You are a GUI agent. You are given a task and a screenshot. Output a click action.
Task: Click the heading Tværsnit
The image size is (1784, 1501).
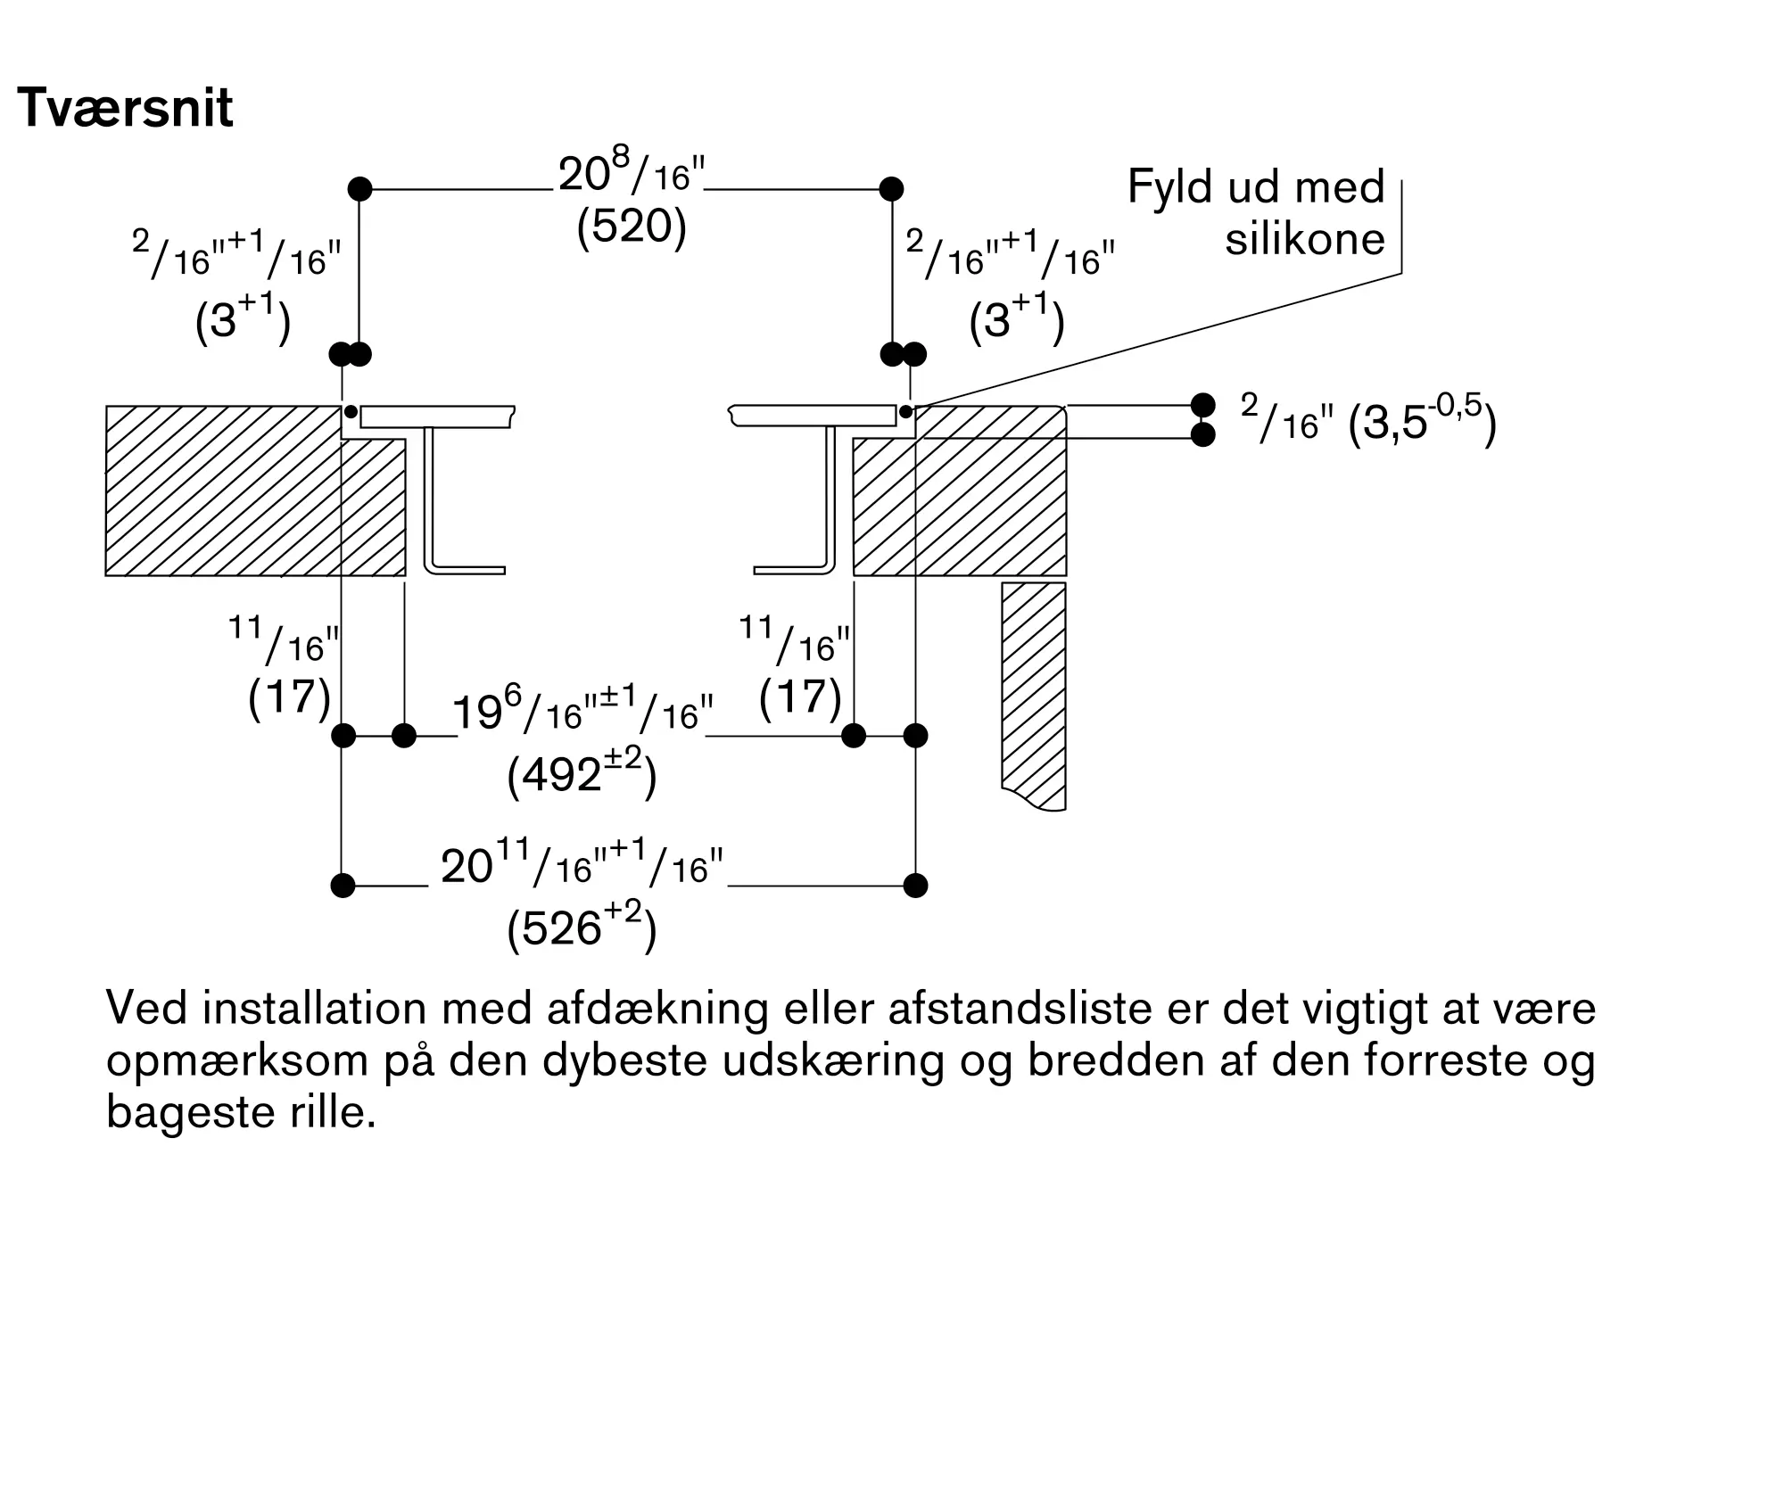125,109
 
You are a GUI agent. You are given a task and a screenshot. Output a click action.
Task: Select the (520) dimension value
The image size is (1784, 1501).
632,227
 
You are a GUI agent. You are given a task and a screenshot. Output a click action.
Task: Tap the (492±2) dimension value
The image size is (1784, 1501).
582,773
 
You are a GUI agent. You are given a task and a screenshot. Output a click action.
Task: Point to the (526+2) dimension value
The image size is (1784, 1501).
582,928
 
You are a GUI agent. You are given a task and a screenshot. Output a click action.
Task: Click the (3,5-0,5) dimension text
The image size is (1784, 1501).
1422,422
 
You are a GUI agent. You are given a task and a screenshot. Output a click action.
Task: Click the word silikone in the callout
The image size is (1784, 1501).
1304,239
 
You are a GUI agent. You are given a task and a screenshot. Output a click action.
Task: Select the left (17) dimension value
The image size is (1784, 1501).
290,697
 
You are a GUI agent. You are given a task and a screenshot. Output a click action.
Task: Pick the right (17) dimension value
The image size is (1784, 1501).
800,697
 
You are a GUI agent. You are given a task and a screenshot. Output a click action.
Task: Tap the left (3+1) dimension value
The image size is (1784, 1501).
243,319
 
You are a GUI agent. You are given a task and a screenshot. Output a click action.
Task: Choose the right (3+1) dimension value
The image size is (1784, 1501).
1017,319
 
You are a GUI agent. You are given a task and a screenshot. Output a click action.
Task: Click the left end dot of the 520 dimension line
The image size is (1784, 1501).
359,189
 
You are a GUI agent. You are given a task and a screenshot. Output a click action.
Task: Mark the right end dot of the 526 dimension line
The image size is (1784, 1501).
915,886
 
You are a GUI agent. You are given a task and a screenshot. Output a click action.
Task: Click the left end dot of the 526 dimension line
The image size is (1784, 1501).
343,886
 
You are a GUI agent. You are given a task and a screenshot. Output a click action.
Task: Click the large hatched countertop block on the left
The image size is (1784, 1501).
223,491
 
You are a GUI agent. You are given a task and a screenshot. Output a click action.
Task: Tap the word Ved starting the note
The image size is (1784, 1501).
146,1010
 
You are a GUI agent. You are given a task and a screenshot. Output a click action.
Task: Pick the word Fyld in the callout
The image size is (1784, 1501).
1165,187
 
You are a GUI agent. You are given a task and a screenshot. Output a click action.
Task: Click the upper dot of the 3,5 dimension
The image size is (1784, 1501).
1202,405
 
